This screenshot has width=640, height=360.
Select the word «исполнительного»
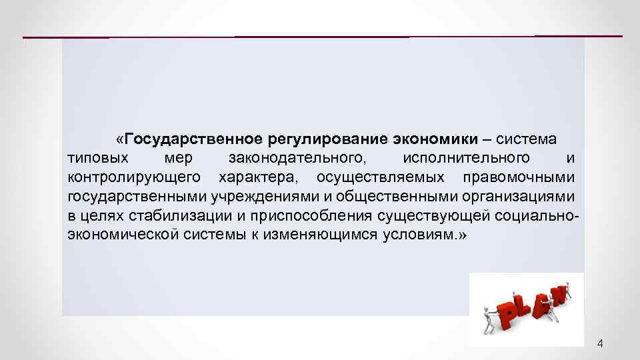[x=467, y=158]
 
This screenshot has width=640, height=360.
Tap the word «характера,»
[x=257, y=177]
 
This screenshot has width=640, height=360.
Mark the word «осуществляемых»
[x=384, y=177]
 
